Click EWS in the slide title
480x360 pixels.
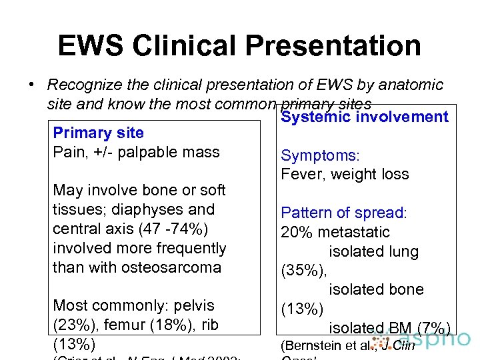(92, 46)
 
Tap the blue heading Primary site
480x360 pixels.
(98, 133)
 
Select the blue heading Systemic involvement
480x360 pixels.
(365, 117)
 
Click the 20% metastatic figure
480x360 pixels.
(335, 233)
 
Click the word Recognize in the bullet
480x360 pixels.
(85, 85)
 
